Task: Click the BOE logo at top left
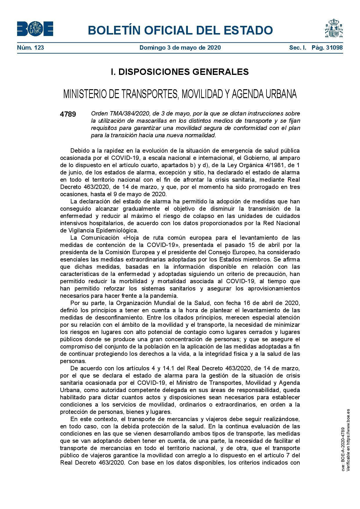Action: pyautogui.click(x=35, y=29)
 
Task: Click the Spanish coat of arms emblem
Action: pyautogui.click(x=334, y=28)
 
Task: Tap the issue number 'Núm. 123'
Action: pyautogui.click(x=30, y=48)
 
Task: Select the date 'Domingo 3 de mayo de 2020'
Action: pyautogui.click(x=180, y=48)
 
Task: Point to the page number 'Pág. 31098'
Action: pyautogui.click(x=327, y=48)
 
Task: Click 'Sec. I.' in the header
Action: pyautogui.click(x=298, y=48)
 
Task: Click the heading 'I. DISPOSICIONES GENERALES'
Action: pyautogui.click(x=180, y=72)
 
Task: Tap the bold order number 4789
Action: pyautogui.click(x=68, y=114)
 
